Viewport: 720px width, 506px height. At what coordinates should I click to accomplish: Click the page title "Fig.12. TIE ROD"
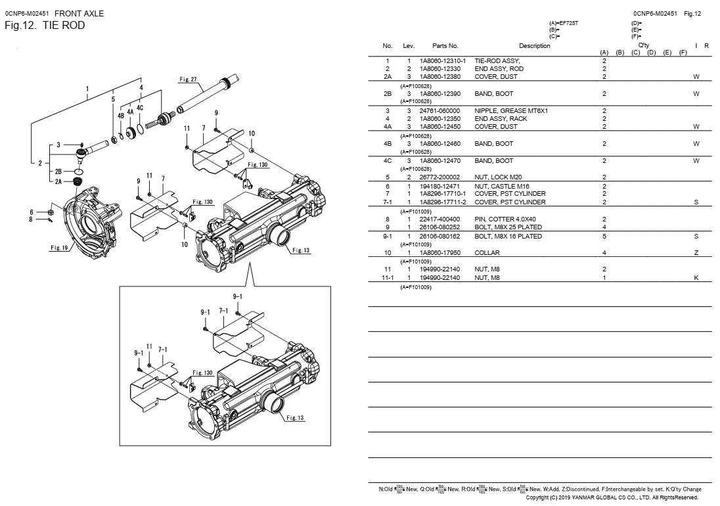(45, 26)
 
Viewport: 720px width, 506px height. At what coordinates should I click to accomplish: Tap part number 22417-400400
(439, 219)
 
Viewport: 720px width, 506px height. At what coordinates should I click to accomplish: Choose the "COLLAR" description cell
(487, 253)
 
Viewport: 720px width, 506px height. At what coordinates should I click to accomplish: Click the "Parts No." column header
(445, 46)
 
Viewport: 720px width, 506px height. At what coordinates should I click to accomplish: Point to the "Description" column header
(534, 46)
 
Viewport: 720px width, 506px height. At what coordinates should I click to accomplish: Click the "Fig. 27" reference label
(188, 80)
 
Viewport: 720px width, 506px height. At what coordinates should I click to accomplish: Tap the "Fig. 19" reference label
(59, 248)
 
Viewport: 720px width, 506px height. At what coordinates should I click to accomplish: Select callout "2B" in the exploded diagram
(58, 170)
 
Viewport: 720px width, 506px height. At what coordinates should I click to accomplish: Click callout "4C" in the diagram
(140, 107)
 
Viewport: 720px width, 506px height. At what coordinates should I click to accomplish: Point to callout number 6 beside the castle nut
(31, 212)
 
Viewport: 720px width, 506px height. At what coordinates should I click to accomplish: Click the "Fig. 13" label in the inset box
(296, 419)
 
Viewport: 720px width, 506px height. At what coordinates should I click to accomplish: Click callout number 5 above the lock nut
(113, 99)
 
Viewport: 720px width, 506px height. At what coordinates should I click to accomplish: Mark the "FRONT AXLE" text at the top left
(79, 13)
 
